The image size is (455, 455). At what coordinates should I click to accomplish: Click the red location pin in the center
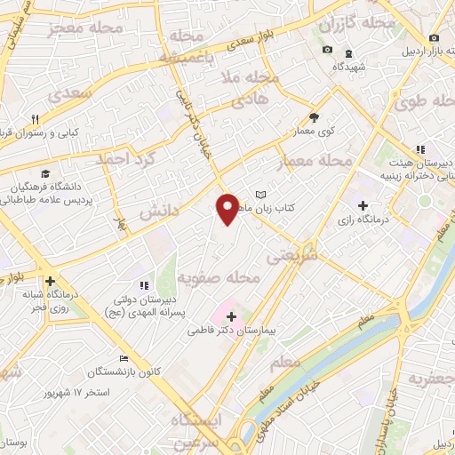(x=227, y=209)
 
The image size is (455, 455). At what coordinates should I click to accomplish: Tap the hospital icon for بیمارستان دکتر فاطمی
(x=231, y=315)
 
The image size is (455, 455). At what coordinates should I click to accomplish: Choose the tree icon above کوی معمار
(x=314, y=116)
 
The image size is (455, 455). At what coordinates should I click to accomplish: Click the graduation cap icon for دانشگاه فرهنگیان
(x=44, y=173)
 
